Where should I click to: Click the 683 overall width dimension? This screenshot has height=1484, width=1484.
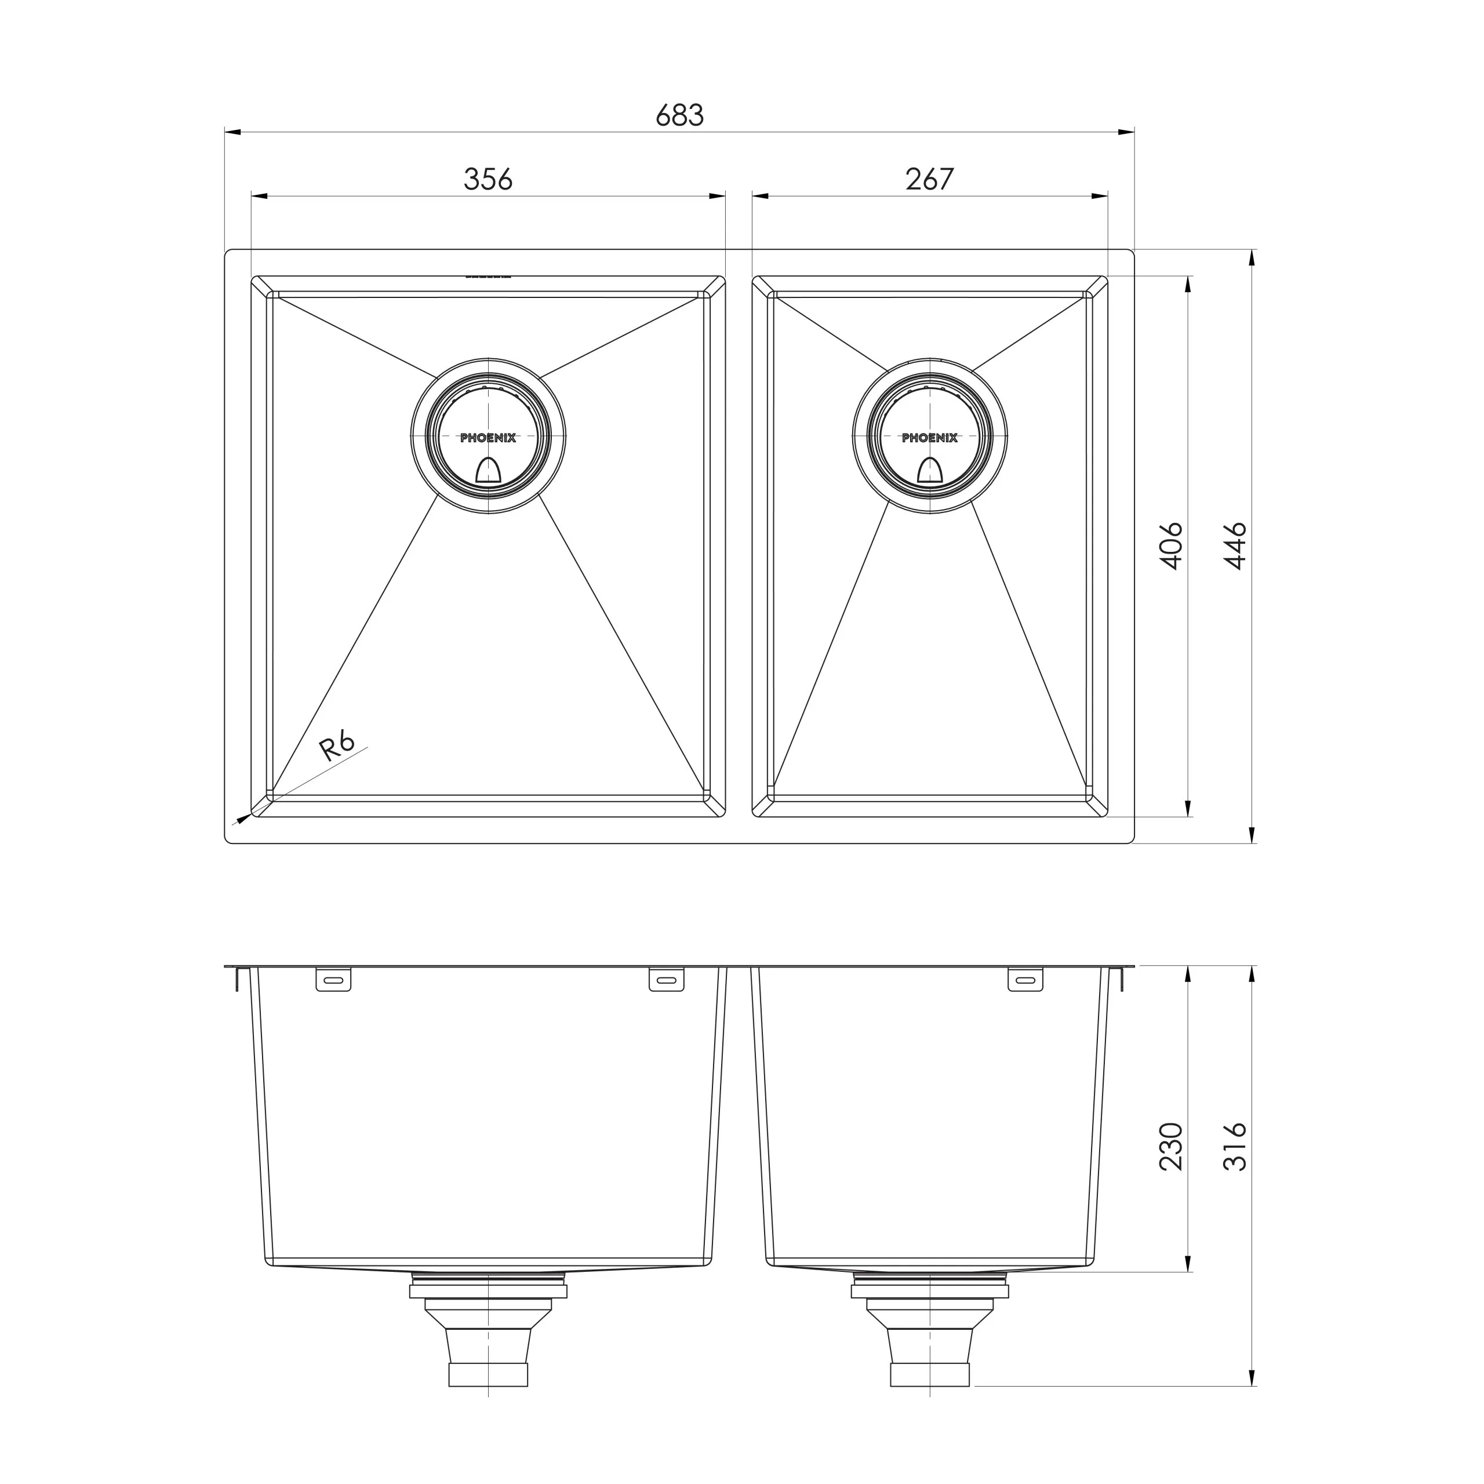coord(680,115)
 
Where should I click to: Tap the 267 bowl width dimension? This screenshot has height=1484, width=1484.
coord(929,179)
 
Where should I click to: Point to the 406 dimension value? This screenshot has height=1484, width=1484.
coord(1172,546)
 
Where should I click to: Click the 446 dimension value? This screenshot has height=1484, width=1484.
coord(1236,546)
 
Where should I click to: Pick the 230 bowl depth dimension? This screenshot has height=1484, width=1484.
coord(1172,1147)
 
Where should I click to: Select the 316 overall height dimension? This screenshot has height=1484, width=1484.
coord(1236,1147)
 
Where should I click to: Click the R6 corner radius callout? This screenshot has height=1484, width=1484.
coord(338,746)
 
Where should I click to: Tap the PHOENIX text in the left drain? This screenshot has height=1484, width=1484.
coord(489,438)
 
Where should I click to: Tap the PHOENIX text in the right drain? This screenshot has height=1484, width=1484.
coord(930,438)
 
